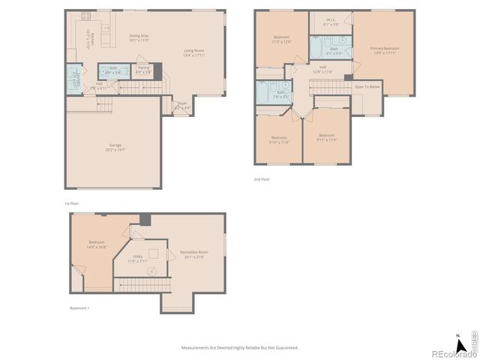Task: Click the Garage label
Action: point(115,147)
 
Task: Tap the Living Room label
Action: point(195,53)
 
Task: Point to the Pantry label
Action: point(142,70)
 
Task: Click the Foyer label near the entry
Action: point(182,106)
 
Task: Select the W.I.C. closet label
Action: point(331,22)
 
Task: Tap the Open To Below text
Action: point(367,86)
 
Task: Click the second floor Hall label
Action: point(322,70)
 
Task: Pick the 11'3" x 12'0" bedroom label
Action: point(282,39)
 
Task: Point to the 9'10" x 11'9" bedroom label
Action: point(279,139)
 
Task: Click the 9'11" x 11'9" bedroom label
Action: point(326,137)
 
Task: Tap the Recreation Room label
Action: point(193,254)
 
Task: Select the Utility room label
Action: point(138,258)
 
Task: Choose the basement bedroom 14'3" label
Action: point(97,244)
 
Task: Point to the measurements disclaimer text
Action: point(240,347)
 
